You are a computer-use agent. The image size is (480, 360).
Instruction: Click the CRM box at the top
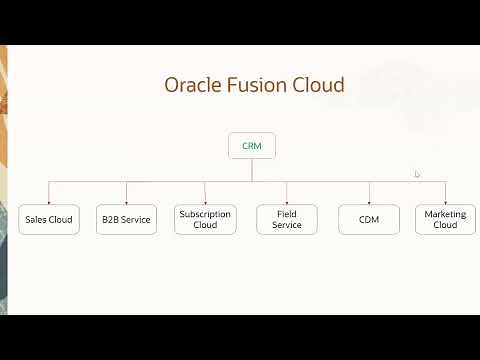(251, 146)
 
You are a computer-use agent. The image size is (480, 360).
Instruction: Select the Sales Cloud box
(48, 219)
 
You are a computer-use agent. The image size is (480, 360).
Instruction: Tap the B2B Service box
(127, 219)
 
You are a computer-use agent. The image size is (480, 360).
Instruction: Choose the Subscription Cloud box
(205, 219)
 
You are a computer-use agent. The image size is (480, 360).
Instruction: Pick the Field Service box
(287, 219)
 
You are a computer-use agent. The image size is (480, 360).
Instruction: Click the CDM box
(368, 219)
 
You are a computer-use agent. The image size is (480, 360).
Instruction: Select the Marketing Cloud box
(445, 219)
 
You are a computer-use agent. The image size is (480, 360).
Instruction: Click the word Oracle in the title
(194, 85)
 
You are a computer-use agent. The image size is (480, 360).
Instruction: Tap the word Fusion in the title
(262, 85)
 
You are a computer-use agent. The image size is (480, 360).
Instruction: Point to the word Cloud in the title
(321, 85)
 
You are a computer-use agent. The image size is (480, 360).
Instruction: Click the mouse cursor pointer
(417, 174)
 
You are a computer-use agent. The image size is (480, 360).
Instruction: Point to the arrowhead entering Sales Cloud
(48, 200)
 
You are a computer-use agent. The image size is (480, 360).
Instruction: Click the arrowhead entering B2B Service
(127, 200)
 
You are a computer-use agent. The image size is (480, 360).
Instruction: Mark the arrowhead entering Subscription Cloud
(205, 200)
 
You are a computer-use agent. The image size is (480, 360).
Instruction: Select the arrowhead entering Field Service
(287, 200)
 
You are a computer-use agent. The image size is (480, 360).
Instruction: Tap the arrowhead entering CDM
(368, 200)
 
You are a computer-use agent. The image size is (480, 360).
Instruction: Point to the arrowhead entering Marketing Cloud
(445, 200)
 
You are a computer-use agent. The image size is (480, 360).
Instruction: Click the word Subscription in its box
(205, 213)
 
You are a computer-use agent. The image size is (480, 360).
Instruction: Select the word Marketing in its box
(445, 213)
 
